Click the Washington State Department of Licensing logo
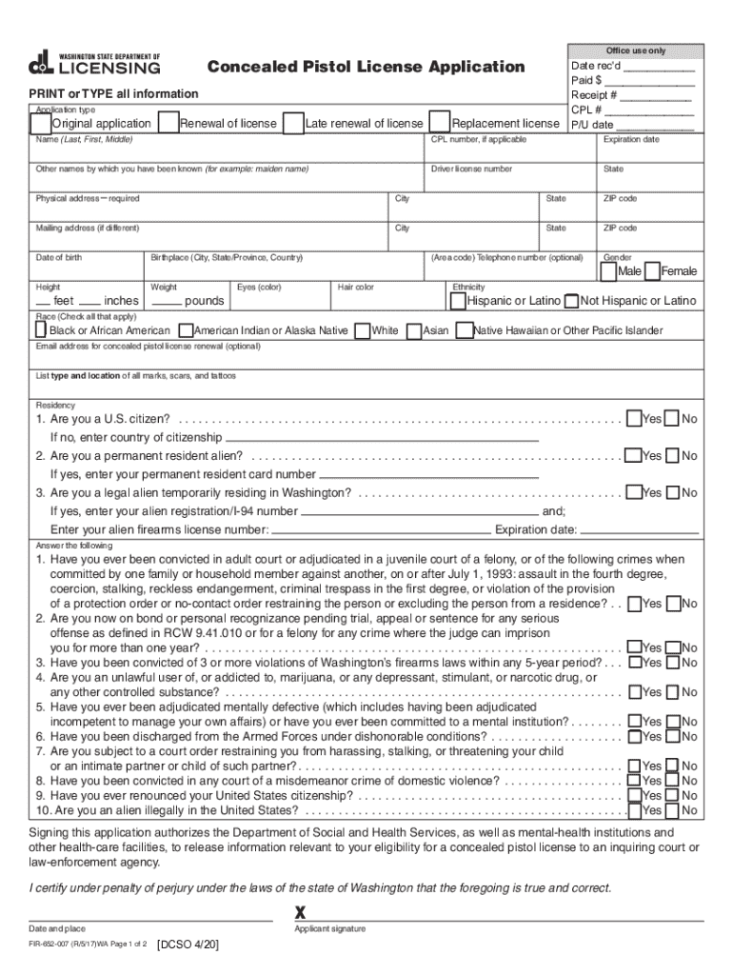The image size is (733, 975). (x=94, y=64)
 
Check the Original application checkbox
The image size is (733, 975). (x=41, y=123)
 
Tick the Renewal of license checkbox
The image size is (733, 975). (x=168, y=123)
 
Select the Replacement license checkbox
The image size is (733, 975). (x=440, y=123)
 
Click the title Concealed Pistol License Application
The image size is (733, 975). (x=366, y=67)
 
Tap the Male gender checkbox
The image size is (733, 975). (x=607, y=271)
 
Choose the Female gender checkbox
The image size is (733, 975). (x=652, y=271)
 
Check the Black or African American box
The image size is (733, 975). (x=40, y=329)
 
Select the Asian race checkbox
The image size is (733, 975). (x=413, y=330)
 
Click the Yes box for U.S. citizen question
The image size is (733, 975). (x=633, y=419)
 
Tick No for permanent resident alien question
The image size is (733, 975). (x=672, y=456)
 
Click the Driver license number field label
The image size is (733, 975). (x=471, y=169)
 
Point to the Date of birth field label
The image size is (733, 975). (x=59, y=258)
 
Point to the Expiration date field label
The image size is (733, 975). (x=630, y=140)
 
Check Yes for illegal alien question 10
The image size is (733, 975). (x=633, y=810)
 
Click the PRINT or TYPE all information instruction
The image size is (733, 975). (x=113, y=93)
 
